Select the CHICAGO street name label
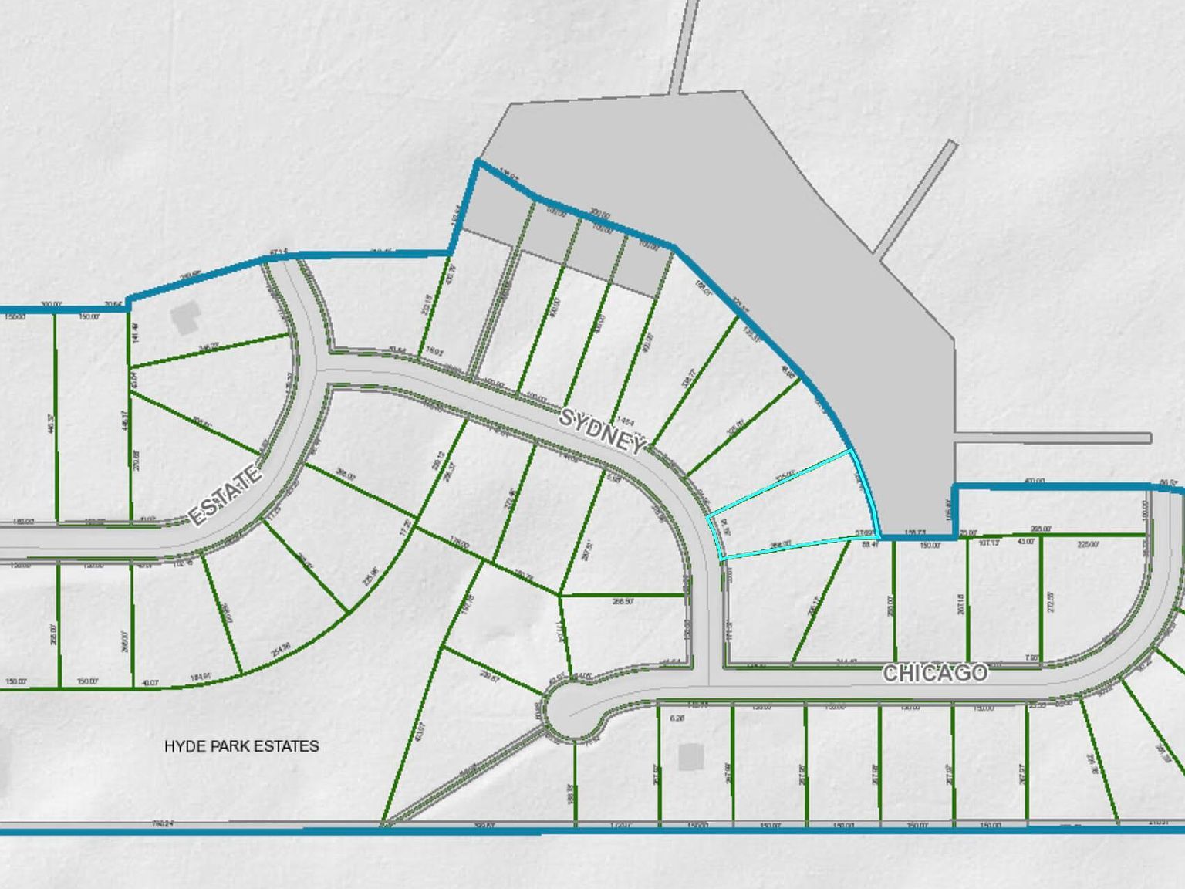pos(934,673)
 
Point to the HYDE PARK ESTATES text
pos(241,746)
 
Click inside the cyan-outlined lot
pos(795,509)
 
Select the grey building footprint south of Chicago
pos(691,756)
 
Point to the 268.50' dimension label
pos(623,601)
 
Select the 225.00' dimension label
pos(1088,545)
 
